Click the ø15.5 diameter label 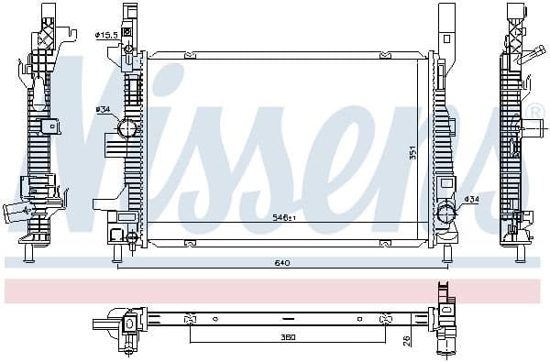107,35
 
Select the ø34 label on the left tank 103,109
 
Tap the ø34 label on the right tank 471,199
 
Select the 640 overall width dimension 281,264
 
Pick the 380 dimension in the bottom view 288,336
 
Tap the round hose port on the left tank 126,128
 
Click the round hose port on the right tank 445,213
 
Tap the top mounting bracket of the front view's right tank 446,27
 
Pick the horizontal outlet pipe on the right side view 529,54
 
